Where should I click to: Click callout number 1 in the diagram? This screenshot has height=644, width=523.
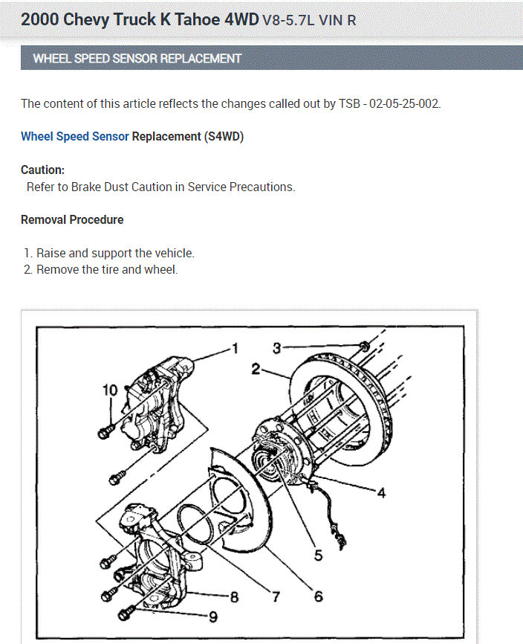235,348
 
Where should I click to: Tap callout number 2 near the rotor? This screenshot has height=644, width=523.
256,367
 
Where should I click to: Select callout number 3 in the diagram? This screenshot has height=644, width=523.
276,347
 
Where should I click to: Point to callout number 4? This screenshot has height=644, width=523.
381,493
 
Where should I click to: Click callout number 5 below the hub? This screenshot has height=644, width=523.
318,555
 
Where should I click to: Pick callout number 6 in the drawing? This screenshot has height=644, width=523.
318,596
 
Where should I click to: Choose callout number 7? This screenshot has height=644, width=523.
276,596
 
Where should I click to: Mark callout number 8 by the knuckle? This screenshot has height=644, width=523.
234,596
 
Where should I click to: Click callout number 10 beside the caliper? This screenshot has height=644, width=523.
109,390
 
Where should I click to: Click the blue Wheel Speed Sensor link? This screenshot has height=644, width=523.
74,137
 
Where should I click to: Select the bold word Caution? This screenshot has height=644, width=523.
42,170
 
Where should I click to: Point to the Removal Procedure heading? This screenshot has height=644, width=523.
72,219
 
